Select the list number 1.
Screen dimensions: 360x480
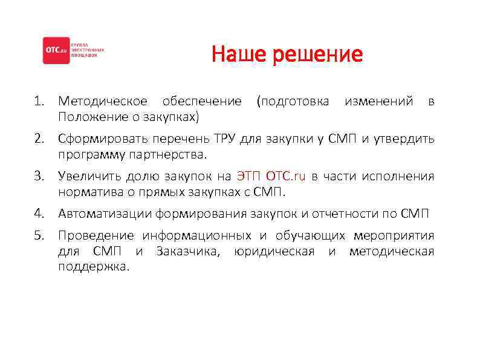coord(37,101)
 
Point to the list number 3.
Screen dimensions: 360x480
coord(38,177)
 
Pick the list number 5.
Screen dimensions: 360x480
coord(38,235)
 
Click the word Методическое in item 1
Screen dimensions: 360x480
coord(102,101)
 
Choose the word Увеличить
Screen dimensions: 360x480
coord(89,177)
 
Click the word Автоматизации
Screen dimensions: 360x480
coord(105,214)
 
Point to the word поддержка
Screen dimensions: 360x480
coord(93,267)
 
